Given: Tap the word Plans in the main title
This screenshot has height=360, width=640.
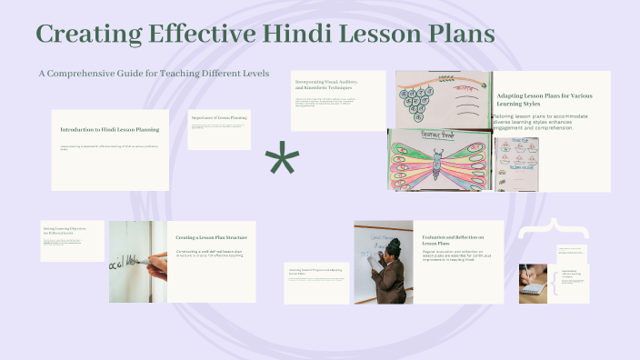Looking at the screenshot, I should coord(452,35).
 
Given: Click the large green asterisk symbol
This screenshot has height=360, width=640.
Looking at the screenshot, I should coord(282,161).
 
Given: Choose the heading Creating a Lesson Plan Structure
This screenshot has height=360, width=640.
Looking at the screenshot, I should coord(211,237).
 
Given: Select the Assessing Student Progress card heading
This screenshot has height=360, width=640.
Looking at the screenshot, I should coord(315,271).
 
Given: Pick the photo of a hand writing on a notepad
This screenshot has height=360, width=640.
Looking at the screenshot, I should coord(533,283).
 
